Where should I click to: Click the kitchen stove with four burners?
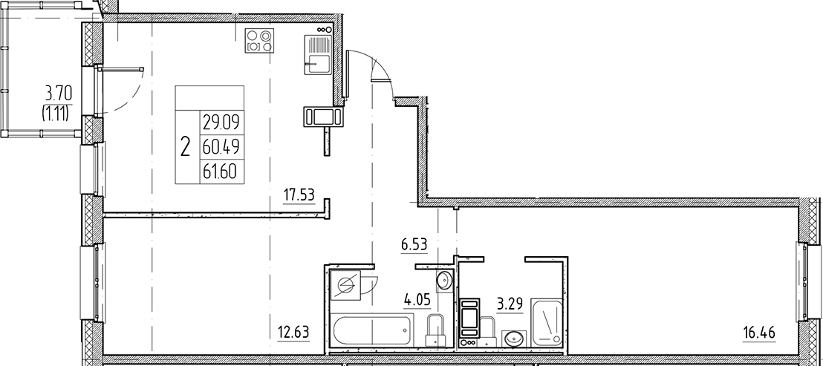[258, 39]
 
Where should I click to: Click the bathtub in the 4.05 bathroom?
[372, 329]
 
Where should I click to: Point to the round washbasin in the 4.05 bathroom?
[444, 280]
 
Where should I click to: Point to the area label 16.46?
[759, 332]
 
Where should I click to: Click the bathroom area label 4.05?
[417, 301]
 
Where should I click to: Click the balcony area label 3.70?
[59, 94]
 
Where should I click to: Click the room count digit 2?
[185, 145]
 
